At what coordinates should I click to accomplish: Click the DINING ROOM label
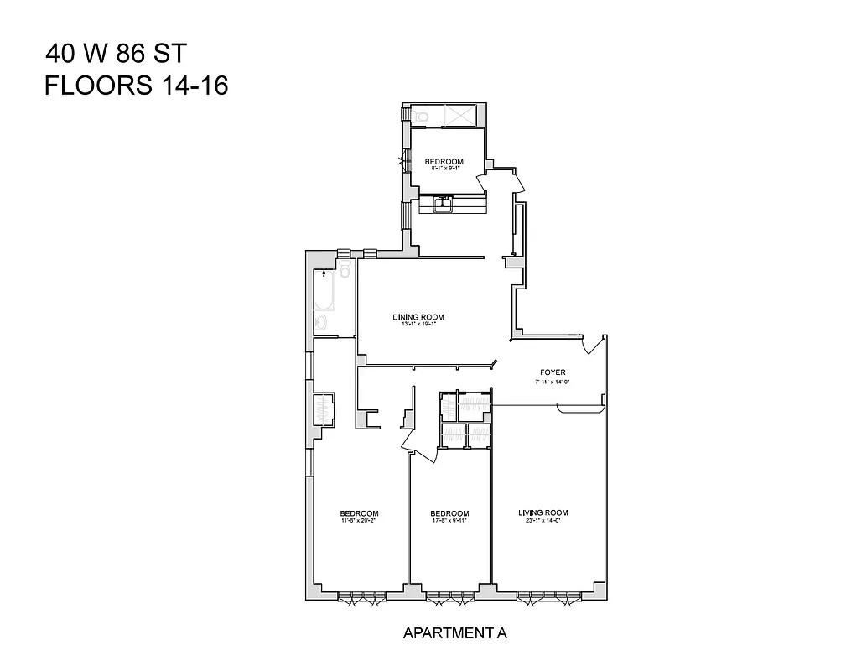(418, 317)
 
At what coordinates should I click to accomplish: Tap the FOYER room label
(553, 372)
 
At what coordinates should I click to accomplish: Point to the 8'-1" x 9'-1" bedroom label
(444, 162)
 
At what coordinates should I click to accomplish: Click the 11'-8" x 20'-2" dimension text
(359, 521)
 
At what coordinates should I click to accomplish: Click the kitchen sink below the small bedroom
(444, 202)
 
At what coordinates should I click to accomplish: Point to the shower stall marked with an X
(459, 115)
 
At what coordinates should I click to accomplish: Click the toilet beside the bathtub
(344, 270)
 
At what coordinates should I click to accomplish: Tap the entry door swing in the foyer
(596, 346)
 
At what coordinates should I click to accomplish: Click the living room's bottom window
(548, 598)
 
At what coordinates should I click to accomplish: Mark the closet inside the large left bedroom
(324, 410)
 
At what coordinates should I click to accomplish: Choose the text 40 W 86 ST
(116, 55)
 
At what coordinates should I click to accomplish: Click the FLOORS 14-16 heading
(136, 86)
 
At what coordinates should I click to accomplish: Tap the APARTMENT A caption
(454, 633)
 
